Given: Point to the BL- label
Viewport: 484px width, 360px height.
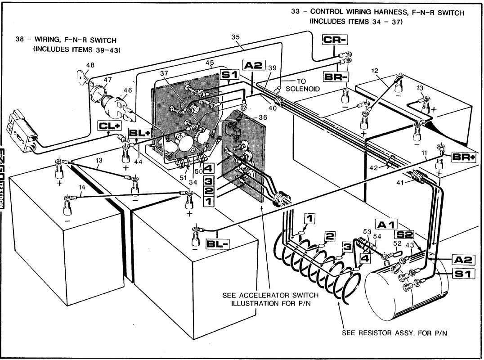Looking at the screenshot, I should coord(218,244).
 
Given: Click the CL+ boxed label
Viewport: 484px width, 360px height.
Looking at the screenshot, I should coord(110,126).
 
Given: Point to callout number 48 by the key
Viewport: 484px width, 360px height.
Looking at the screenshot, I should coord(90,65).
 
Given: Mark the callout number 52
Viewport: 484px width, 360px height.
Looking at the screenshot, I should coord(397,243).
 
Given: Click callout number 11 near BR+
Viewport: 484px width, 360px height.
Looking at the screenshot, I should coord(425,153).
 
